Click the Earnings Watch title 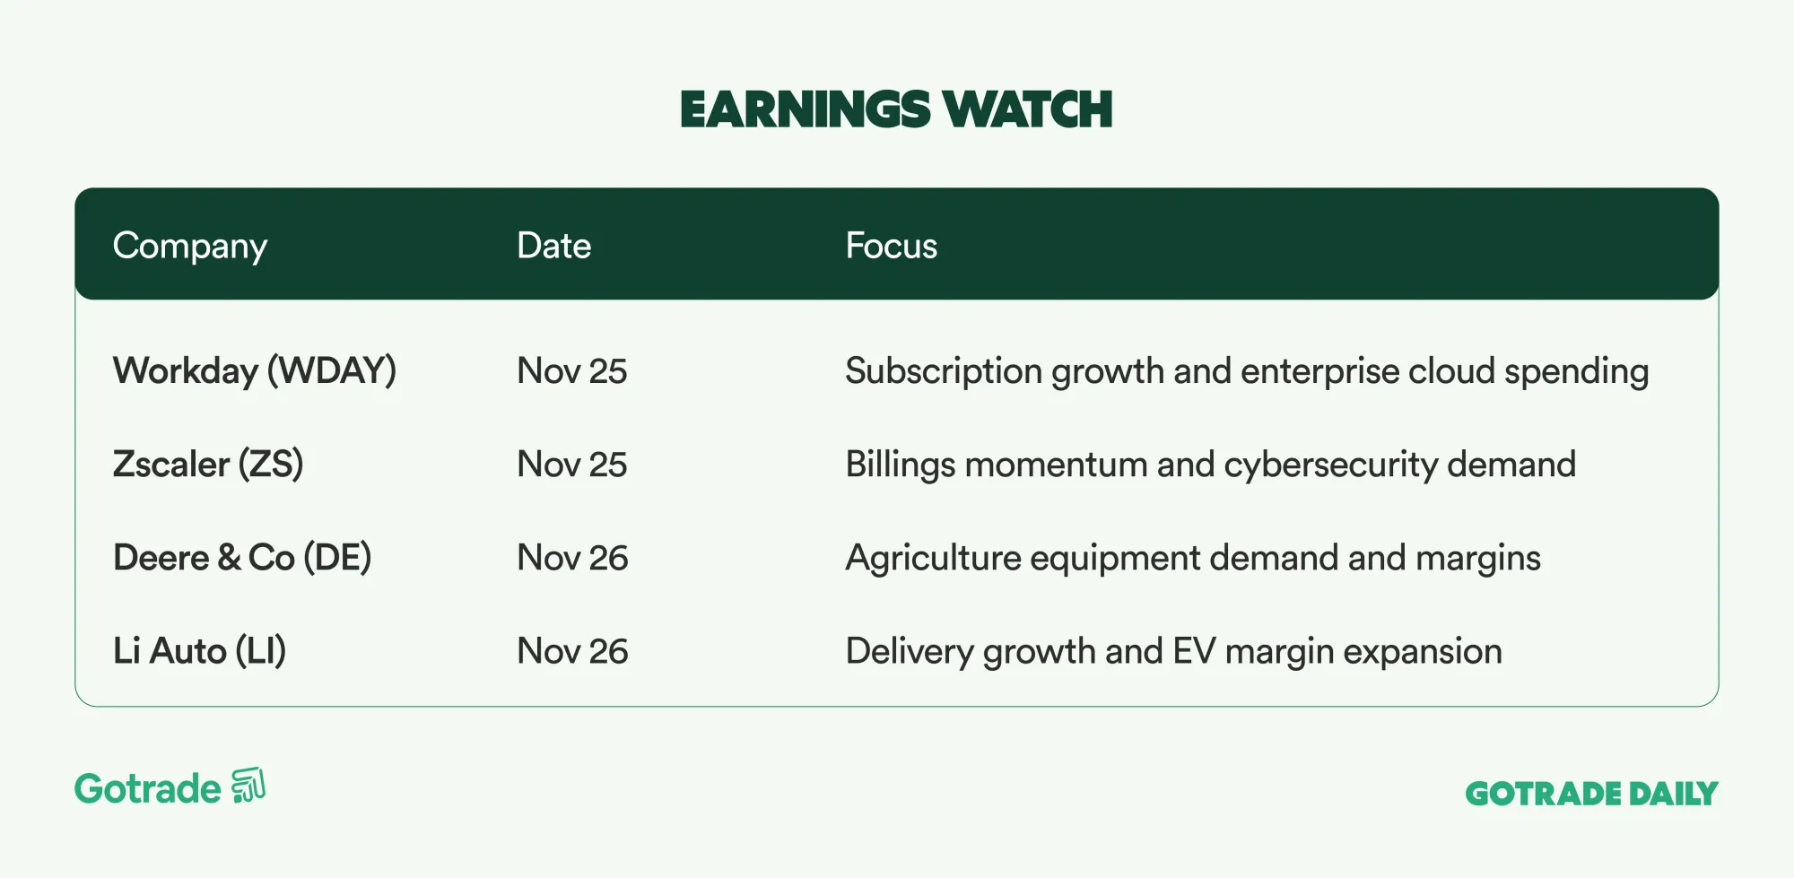896,109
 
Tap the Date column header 553,245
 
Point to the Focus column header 891,245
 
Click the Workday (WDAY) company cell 255,371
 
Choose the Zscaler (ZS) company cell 208,465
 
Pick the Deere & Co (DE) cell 242,558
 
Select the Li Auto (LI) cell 199,651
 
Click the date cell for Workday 572,371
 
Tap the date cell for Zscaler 572,465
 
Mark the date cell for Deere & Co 572,558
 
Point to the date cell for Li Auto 572,651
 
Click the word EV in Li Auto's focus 1194,651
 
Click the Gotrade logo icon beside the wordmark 248,786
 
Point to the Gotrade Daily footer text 1591,794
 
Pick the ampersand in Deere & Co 229,558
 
